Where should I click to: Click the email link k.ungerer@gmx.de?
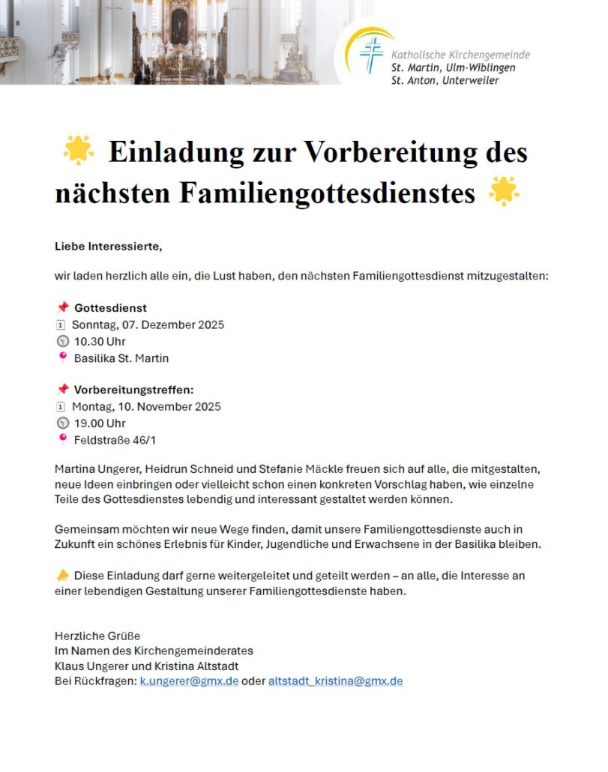click(x=189, y=681)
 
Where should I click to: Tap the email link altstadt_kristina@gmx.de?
click(x=335, y=681)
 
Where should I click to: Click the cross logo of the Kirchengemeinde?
click(x=370, y=55)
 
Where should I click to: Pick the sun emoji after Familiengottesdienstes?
click(x=504, y=192)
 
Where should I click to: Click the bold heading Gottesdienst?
click(x=110, y=308)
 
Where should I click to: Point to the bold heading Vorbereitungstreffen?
click(x=134, y=390)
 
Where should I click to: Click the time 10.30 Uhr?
click(x=100, y=342)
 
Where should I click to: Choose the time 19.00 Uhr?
click(x=100, y=423)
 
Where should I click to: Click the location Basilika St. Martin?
click(x=121, y=358)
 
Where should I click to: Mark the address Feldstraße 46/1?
click(x=115, y=440)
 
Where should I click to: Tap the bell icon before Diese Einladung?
click(x=62, y=575)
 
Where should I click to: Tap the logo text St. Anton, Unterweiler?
click(x=445, y=80)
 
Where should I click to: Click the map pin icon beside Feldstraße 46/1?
click(x=62, y=439)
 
